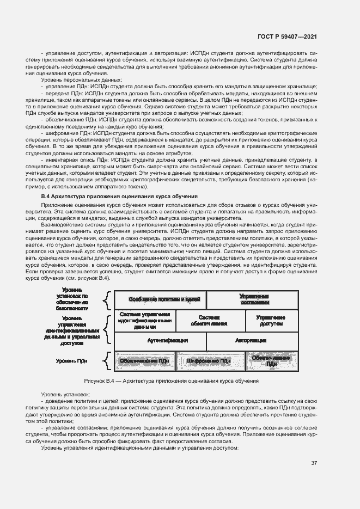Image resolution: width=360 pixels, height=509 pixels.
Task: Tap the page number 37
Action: coord(314,463)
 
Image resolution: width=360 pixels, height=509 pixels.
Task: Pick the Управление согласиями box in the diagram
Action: coord(254,299)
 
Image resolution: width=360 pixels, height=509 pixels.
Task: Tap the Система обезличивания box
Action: coord(209,321)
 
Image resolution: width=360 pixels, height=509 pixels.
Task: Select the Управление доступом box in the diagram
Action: coord(271,321)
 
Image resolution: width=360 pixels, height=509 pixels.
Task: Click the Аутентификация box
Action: coord(167,340)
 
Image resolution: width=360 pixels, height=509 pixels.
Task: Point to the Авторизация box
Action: coord(251,340)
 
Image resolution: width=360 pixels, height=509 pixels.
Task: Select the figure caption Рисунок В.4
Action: coord(171,381)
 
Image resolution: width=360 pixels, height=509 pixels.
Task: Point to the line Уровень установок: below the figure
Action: coord(66,394)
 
